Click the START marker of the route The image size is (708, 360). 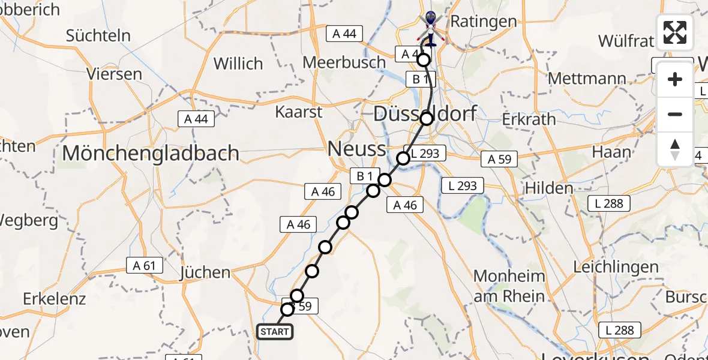point(275,331)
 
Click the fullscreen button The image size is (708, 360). point(675,32)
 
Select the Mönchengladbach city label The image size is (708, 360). point(151,153)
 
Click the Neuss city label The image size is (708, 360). point(356,148)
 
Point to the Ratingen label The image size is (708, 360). point(483,22)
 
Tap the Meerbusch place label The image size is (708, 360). point(344,62)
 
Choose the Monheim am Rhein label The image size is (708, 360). point(509,286)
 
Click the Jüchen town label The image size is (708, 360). point(205,272)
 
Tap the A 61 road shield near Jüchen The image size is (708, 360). point(142,266)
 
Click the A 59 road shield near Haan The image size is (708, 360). point(499,159)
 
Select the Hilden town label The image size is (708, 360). point(549,188)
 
